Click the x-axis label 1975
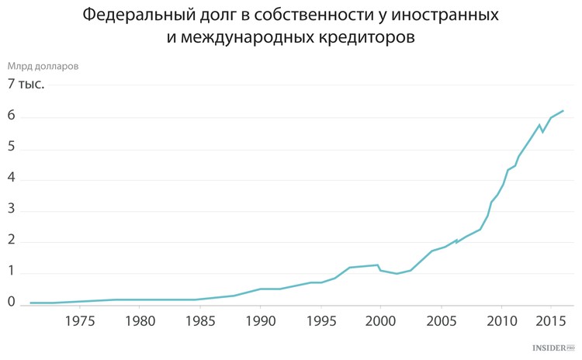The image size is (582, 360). (x=79, y=321)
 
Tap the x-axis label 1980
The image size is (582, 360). (x=140, y=321)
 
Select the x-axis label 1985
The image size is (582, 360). (x=200, y=321)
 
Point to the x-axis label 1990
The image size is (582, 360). (x=260, y=321)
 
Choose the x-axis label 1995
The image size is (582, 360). (x=320, y=321)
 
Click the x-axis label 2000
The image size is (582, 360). (x=380, y=321)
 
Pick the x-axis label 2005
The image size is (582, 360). (x=441, y=321)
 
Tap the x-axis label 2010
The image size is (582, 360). (x=501, y=321)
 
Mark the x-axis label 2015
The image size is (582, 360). (x=552, y=321)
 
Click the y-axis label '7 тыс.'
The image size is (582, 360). (x=26, y=84)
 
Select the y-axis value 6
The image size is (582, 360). (x=12, y=117)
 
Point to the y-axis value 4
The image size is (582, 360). (x=12, y=179)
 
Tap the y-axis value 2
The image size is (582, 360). (x=12, y=241)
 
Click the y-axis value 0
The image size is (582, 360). (x=12, y=303)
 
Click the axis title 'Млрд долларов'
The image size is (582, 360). (x=43, y=67)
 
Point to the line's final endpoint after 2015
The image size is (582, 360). (x=563, y=111)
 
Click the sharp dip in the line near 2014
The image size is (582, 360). (x=542, y=132)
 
